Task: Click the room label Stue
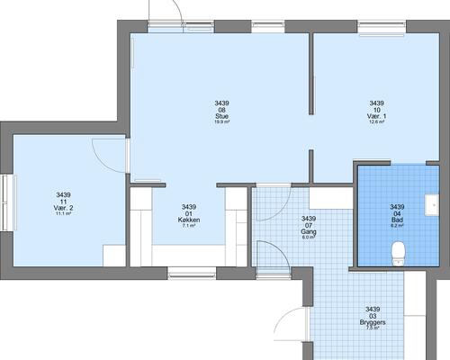coord(221,116)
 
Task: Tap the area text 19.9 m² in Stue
coord(221,122)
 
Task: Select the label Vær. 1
coord(377,116)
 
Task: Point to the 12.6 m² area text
coord(377,122)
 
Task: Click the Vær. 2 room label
coord(63,208)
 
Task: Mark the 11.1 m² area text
coord(63,214)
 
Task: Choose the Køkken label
coord(189,220)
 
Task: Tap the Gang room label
coord(308,231)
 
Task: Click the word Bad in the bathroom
coord(397,220)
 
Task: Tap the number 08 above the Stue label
coord(221,110)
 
